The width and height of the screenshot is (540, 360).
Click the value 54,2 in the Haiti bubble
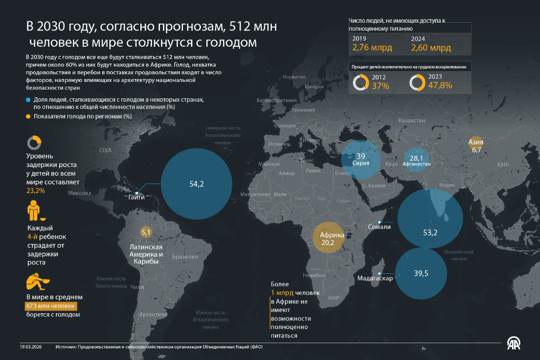click(x=197, y=184)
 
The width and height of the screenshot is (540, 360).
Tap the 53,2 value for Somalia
click(x=430, y=233)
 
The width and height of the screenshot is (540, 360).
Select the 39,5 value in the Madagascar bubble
click(x=421, y=273)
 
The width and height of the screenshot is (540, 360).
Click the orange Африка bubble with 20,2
click(x=328, y=239)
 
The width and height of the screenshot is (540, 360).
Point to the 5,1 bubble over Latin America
click(x=146, y=232)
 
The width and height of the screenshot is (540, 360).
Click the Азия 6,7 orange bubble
click(x=476, y=146)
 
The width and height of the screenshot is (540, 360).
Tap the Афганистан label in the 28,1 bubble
click(x=416, y=164)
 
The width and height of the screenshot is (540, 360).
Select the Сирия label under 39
click(x=361, y=163)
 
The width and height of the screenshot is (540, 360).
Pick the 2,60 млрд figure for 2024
click(x=431, y=48)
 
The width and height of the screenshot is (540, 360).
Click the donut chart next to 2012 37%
click(x=361, y=82)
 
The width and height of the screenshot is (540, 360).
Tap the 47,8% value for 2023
click(x=440, y=86)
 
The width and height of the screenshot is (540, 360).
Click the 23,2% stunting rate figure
click(x=36, y=191)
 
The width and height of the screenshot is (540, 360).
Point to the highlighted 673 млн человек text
click(x=51, y=306)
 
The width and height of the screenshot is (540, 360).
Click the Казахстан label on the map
click(x=412, y=120)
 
